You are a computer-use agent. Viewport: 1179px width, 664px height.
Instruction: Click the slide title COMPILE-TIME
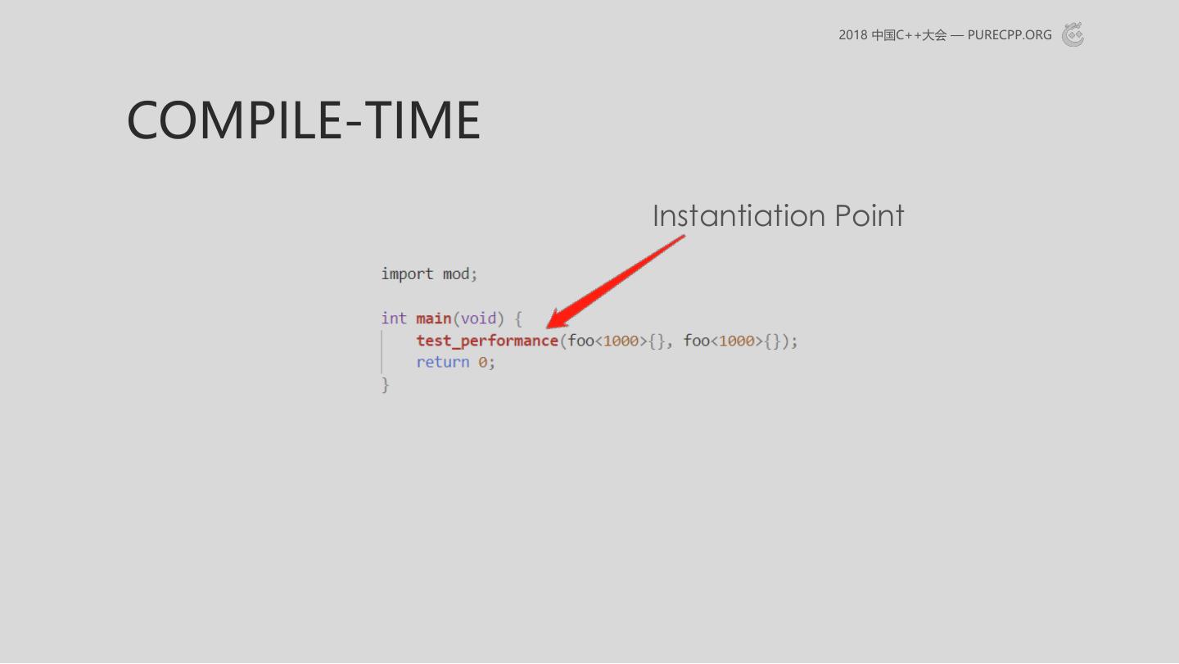tap(304, 120)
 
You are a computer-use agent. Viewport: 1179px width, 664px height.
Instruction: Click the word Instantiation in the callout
tap(739, 215)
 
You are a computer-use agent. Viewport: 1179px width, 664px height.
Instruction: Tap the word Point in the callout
tap(870, 215)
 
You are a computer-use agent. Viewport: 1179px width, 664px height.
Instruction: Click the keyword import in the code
tap(407, 274)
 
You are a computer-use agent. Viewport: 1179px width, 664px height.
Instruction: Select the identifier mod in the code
tap(456, 274)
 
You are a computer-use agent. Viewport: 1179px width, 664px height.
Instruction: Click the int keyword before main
tap(394, 318)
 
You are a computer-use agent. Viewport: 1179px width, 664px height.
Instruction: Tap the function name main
tap(434, 318)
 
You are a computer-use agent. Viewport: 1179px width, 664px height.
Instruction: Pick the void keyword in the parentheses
tap(478, 318)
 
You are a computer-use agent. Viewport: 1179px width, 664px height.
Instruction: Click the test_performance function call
tap(487, 341)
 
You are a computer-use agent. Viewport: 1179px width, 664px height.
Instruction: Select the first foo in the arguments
tap(580, 341)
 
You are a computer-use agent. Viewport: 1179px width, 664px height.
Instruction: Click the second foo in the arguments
tap(696, 341)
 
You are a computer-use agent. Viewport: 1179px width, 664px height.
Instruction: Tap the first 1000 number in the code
tap(621, 341)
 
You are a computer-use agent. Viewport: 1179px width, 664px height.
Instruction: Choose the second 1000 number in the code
tap(736, 341)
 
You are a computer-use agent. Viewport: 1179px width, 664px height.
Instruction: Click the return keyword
tap(443, 363)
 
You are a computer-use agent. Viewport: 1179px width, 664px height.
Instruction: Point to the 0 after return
tap(482, 363)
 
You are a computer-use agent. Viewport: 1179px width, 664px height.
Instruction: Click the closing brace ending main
tap(386, 385)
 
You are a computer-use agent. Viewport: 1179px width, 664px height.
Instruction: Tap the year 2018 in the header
tap(852, 35)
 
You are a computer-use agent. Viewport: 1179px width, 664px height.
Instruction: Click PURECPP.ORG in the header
tap(1010, 35)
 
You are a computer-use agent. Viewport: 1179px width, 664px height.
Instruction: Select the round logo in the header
tap(1073, 34)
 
